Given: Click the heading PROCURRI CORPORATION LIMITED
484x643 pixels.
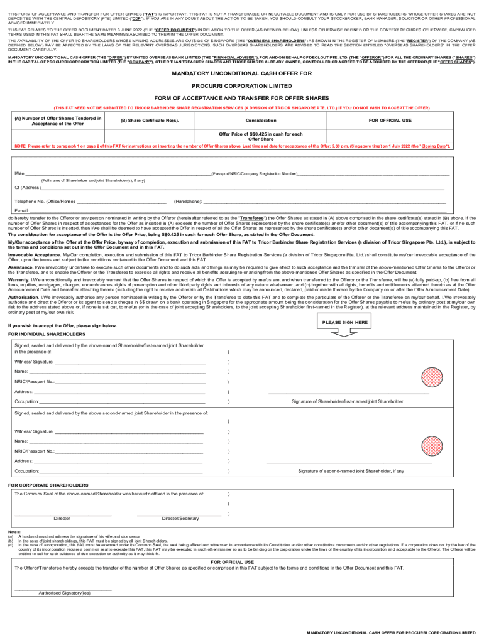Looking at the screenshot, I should (242, 85).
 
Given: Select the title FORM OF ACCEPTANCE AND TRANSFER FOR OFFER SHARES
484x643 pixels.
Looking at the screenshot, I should (242, 98).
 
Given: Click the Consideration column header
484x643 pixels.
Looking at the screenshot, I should (260, 120).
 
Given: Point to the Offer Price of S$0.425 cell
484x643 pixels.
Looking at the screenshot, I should (260, 136).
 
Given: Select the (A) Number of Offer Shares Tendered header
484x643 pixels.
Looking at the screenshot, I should (58, 120).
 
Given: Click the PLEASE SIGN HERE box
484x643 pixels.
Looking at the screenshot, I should (344, 322).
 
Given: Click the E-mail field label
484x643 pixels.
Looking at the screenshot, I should (22, 210).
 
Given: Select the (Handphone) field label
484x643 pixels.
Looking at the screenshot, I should (188, 202).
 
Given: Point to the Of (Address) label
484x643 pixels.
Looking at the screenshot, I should (28, 188).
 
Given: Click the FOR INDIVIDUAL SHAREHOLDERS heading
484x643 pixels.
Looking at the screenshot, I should (47, 334).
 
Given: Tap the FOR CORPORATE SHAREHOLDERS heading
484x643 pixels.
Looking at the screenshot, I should (48, 485).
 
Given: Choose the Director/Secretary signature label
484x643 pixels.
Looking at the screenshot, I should (180, 519).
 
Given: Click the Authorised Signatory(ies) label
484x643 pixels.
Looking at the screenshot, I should (64, 592).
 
